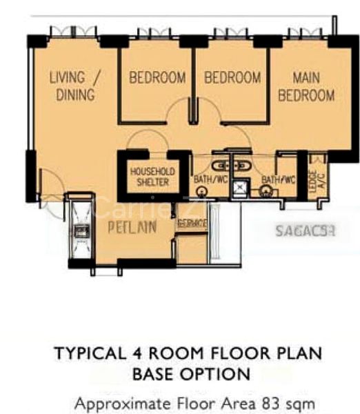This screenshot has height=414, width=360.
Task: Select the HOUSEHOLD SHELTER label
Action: [152, 176]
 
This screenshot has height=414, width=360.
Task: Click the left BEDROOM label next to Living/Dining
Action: [157, 78]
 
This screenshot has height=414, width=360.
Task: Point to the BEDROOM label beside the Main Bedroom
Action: [232, 78]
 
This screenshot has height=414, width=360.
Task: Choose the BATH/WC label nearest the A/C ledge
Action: [278, 180]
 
